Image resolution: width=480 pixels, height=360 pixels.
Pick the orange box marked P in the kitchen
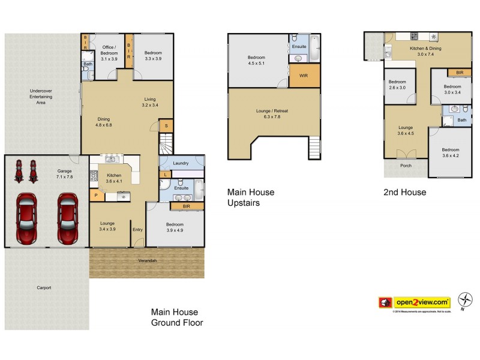click(95, 195)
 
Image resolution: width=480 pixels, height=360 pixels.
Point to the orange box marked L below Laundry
click(165, 174)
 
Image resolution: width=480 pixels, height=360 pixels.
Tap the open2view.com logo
click(414, 302)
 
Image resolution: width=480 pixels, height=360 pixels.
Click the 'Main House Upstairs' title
click(251, 197)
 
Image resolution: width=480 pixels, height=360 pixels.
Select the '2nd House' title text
click(405, 193)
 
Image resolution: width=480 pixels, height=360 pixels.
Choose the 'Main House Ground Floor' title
click(176, 317)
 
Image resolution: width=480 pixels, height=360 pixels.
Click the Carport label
click(44, 288)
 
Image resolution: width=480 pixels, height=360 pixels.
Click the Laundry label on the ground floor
click(181, 163)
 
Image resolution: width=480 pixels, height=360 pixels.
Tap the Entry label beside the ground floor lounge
click(137, 229)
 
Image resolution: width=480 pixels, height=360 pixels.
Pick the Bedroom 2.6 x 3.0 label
click(397, 85)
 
